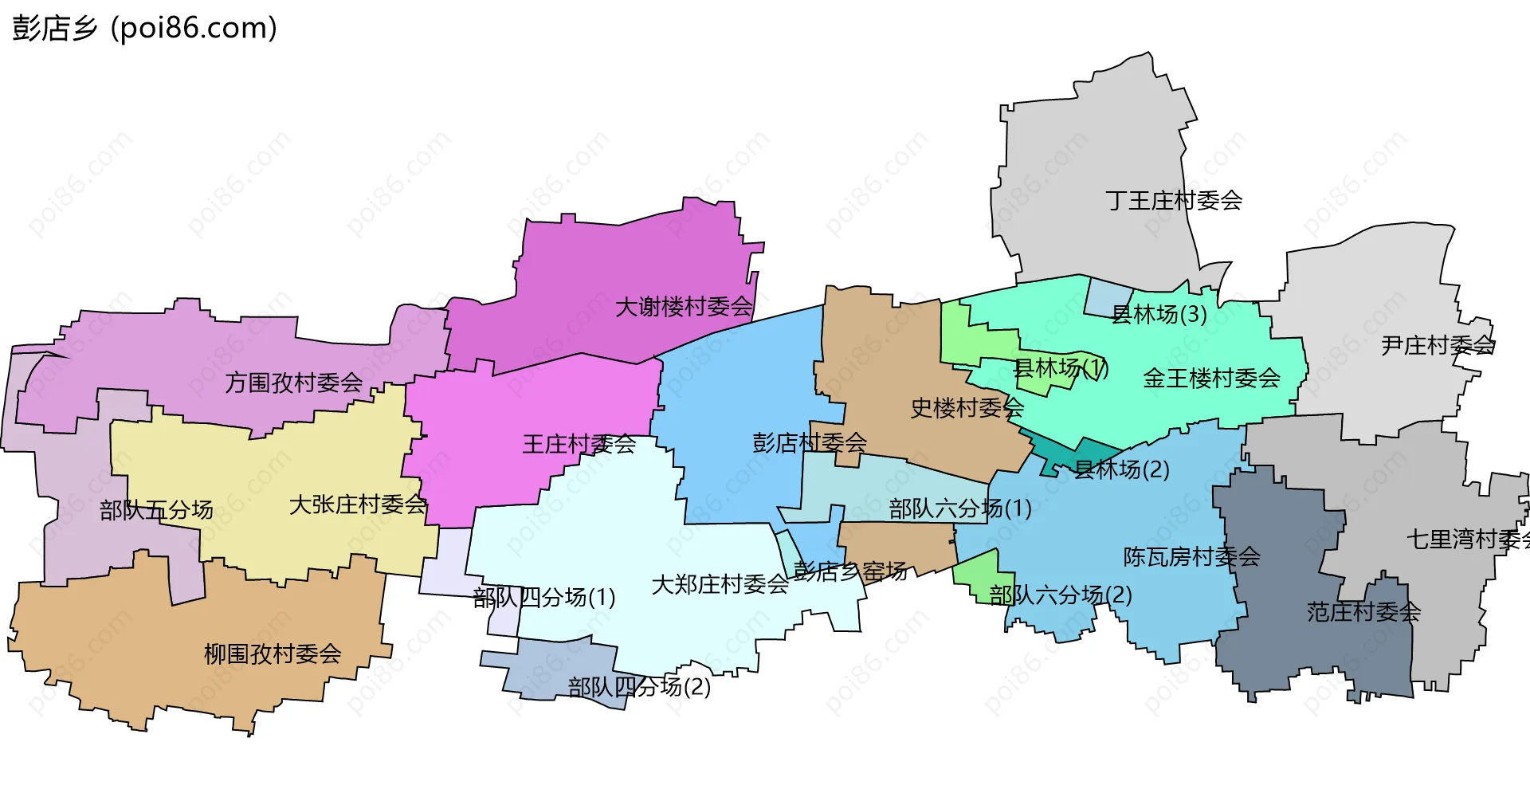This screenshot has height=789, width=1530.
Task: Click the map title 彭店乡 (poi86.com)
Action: pos(144,28)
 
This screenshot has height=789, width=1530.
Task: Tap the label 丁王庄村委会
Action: pos(1174,200)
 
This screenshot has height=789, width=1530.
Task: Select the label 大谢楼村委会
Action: pos(684,307)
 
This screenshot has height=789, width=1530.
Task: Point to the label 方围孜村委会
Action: pos(294,383)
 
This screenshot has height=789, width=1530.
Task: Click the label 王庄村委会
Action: pos(579,444)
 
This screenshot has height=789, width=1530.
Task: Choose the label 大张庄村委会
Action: pos(358,504)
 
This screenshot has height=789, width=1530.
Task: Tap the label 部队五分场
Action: pos(156,510)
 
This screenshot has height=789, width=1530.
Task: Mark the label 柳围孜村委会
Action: pos(273,654)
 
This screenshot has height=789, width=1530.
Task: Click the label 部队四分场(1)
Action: pos(544,597)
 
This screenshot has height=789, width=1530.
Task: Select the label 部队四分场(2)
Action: pos(639,686)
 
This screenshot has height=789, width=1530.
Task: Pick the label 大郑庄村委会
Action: pos(720,585)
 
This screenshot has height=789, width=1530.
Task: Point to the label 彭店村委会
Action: pos(810,442)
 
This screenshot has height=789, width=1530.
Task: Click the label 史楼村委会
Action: pos(967,408)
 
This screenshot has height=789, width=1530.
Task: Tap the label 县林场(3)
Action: pos(1159,314)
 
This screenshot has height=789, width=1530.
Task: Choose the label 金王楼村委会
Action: pos(1211,378)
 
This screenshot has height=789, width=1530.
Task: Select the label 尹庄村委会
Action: pos(1438,345)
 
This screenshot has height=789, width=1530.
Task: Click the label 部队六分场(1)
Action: pos(960,508)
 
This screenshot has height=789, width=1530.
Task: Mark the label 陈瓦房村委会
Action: pos(1191,556)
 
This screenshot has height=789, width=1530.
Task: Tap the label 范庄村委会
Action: pos(1363,612)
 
